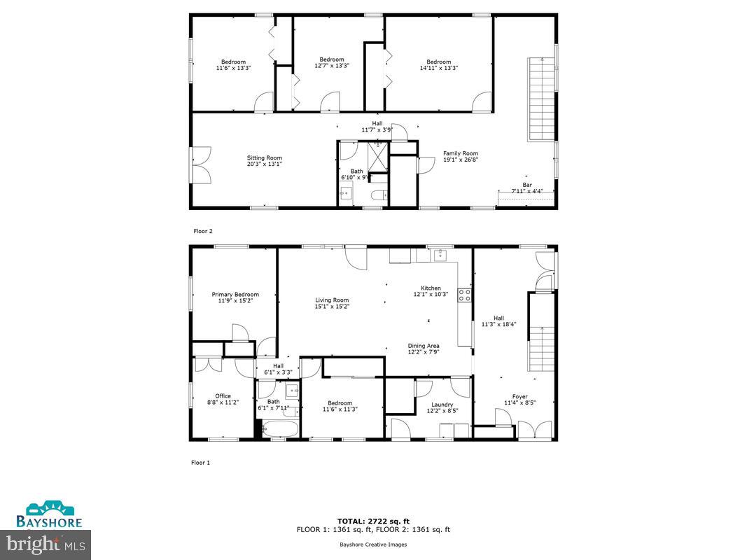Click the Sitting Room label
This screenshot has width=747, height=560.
click(x=264, y=157)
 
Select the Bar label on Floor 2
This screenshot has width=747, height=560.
click(x=526, y=185)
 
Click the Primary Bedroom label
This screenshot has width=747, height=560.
click(x=235, y=295)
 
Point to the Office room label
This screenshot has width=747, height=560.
click(x=223, y=396)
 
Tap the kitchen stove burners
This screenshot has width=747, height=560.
click(x=464, y=295)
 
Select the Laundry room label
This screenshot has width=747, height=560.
click(x=442, y=405)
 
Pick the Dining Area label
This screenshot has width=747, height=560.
click(x=424, y=346)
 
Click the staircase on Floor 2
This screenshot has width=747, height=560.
click(x=541, y=98)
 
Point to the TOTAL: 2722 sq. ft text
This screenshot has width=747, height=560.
click(x=373, y=521)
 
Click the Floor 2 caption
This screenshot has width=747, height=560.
click(x=202, y=230)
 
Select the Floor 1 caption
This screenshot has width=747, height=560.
click(x=200, y=463)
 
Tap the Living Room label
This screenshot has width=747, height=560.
click(x=332, y=300)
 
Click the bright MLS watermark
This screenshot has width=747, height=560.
click(x=46, y=542)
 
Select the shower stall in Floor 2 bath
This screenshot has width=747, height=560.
click(x=378, y=155)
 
